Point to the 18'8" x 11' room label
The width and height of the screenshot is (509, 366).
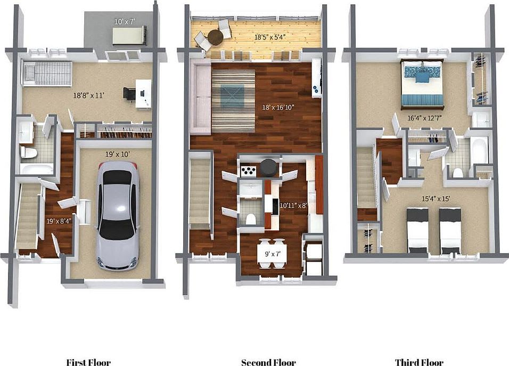click(x=87, y=96)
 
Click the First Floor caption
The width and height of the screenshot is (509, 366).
click(x=88, y=362)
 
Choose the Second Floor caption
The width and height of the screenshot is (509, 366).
click(x=268, y=362)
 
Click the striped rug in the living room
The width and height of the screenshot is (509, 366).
click(x=233, y=100)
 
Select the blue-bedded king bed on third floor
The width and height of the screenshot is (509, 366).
click(x=422, y=84)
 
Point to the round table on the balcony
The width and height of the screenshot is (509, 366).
click(x=215, y=37)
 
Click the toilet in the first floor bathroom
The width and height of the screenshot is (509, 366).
click(x=29, y=153)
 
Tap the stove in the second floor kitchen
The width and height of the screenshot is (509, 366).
click(x=248, y=171)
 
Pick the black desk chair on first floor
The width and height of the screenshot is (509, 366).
click(x=129, y=93)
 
